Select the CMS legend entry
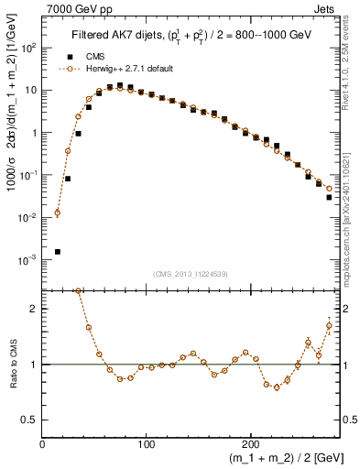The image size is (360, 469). (82, 56)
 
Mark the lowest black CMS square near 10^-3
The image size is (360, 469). (57, 251)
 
